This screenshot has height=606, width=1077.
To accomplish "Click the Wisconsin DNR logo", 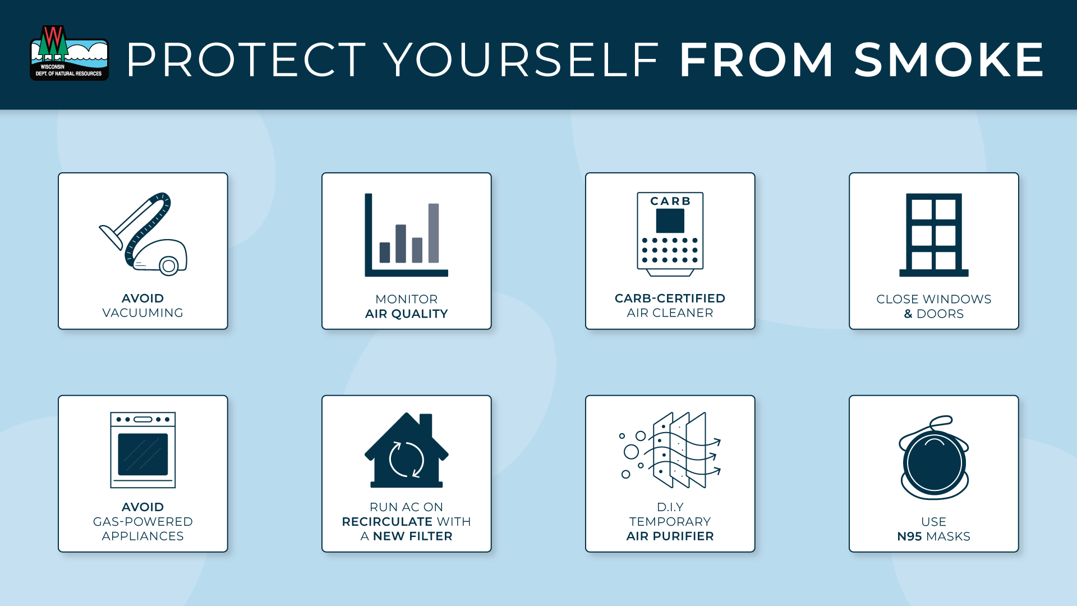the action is [69, 53].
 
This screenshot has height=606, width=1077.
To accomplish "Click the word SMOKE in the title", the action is [949, 59].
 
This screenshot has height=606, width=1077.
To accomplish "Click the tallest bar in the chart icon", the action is [434, 233].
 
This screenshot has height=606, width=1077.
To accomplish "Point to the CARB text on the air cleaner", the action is [670, 201].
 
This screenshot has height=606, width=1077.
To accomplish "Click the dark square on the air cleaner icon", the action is [670, 221].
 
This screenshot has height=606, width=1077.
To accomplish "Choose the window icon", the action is [934, 235].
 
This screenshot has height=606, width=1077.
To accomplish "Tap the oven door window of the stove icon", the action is [143, 454].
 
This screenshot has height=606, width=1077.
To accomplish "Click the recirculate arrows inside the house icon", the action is [407, 460].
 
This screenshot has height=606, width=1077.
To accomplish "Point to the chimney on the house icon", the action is [426, 425].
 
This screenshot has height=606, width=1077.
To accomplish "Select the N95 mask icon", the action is [934, 457].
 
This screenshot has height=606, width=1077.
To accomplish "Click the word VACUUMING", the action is [143, 313].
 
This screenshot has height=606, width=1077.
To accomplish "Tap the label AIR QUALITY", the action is [407, 314].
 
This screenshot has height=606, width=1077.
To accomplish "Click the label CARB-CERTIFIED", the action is [670, 299].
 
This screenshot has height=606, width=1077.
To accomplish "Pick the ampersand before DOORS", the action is [908, 314].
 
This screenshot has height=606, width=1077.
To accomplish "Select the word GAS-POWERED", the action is [143, 522].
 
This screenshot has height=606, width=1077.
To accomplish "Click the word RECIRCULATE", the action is [387, 522].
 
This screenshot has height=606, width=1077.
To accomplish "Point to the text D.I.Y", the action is [670, 507].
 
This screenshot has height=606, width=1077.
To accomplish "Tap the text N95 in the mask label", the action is [910, 536].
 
